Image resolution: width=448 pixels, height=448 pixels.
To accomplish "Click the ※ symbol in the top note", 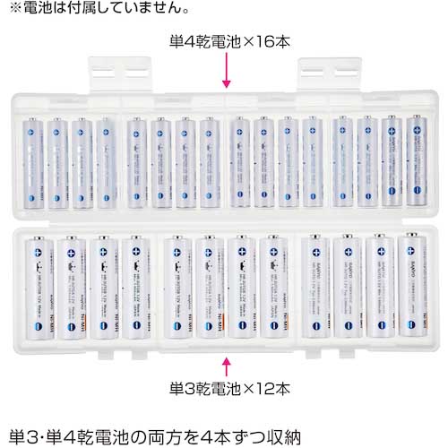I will point(13,10).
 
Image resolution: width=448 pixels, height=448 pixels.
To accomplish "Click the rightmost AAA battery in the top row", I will point(418,160).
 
